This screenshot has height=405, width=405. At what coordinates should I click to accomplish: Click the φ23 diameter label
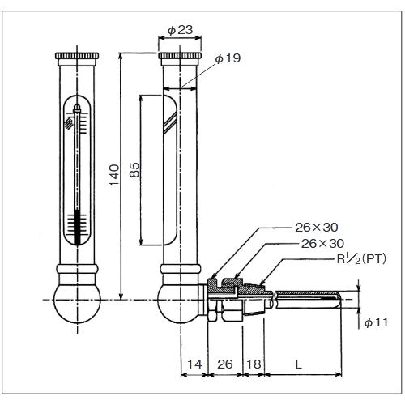[x=180, y=30]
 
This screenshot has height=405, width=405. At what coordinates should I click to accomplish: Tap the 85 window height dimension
[x=135, y=169]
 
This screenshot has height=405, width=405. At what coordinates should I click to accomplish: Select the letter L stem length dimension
[x=299, y=364]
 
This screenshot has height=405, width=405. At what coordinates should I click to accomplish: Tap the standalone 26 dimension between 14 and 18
[x=225, y=364]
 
